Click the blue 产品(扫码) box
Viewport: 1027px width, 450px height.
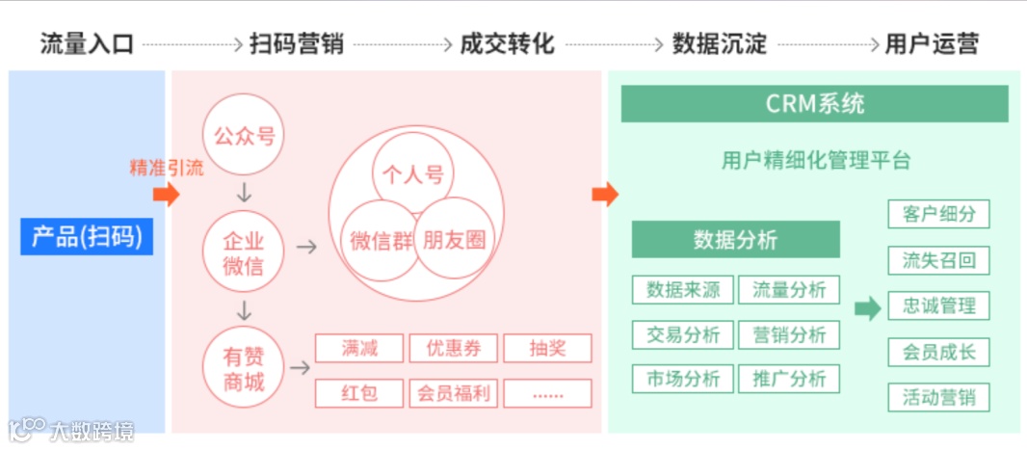87,236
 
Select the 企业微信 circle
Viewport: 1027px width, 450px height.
244,252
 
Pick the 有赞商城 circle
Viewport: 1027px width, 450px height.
244,368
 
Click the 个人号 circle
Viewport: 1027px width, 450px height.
412,173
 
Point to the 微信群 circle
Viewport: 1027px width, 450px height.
378,241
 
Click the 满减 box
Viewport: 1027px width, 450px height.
358,348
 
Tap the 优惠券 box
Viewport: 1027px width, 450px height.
453,348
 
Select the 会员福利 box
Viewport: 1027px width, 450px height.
453,393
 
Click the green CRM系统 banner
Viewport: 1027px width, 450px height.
814,104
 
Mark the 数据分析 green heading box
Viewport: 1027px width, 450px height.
735,240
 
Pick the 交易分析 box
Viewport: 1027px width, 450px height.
683,334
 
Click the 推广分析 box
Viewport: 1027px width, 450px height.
789,379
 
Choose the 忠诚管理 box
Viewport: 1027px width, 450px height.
938,306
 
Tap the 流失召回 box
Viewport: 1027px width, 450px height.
938,260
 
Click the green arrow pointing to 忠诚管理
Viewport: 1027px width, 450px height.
867,308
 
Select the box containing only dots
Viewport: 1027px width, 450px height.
547,393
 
